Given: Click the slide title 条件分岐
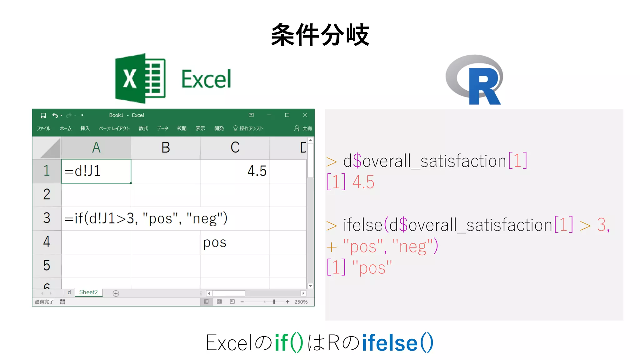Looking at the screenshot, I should [x=320, y=35].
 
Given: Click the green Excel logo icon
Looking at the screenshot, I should [x=140, y=78].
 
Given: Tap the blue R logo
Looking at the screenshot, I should [x=475, y=80].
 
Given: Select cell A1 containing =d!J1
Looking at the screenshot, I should [x=96, y=171].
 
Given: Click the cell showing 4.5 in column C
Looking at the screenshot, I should [x=235, y=171].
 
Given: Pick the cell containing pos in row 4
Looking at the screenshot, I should [x=235, y=242].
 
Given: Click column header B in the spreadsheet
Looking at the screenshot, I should [x=166, y=147].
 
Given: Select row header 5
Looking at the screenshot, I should [x=47, y=266].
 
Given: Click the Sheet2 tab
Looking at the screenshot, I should [x=88, y=292].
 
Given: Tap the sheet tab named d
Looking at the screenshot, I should [x=69, y=292].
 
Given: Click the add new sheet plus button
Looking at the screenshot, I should [x=116, y=293].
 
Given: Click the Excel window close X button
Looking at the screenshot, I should [x=305, y=115].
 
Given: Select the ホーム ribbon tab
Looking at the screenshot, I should [x=66, y=128].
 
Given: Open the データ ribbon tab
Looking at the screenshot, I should [x=162, y=128].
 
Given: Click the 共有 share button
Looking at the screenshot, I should [x=303, y=128].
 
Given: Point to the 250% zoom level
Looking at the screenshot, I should [x=301, y=302].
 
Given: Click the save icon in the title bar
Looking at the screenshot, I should [x=43, y=116].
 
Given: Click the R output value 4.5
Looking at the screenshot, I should [x=363, y=182].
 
